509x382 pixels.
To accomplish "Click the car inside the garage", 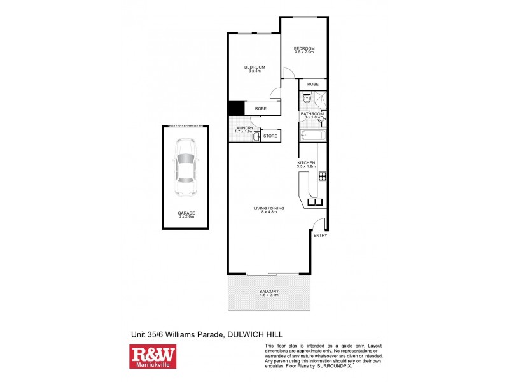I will click(186, 167).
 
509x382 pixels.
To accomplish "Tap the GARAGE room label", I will click(186, 213).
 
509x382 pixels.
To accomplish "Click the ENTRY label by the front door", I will click(320, 235).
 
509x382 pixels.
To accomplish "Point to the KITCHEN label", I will click(306, 163).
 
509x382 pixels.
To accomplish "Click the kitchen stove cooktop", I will click(323, 176).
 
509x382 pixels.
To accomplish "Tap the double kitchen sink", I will click(316, 202).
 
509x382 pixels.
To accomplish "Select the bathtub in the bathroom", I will click(313, 136).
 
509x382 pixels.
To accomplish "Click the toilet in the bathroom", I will click(307, 99).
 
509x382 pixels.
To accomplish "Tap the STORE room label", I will click(270, 136).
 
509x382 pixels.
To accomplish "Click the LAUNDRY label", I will click(244, 128).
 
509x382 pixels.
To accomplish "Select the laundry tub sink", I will click(255, 136).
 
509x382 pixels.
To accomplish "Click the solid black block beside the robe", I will click(236, 108).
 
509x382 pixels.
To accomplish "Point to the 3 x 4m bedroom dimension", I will click(254, 71).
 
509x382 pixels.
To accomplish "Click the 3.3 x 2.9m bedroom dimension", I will click(303, 52).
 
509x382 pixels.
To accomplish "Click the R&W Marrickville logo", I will click(153, 357).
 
